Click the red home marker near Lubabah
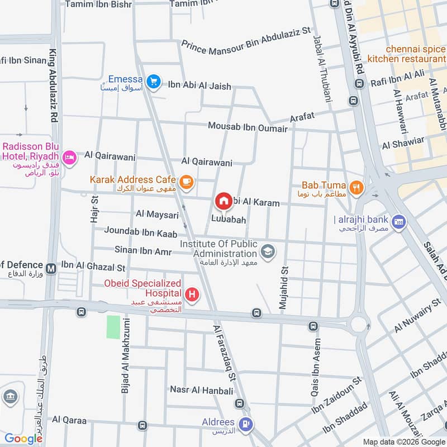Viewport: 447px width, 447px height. (x=223, y=201)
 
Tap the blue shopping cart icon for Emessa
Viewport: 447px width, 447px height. (x=153, y=83)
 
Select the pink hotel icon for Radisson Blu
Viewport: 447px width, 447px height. (x=69, y=157)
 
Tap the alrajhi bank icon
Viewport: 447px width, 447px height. (x=398, y=221)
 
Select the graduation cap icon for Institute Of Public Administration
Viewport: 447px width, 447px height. (x=268, y=252)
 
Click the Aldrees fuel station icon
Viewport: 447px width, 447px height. (x=244, y=425)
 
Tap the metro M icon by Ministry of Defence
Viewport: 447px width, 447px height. (x=51, y=268)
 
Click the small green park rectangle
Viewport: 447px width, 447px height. (x=113, y=327)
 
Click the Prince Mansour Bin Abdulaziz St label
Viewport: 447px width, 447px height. (x=246, y=40)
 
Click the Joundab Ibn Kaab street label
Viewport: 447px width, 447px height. (x=141, y=232)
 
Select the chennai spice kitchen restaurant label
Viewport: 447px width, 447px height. (x=407, y=54)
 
